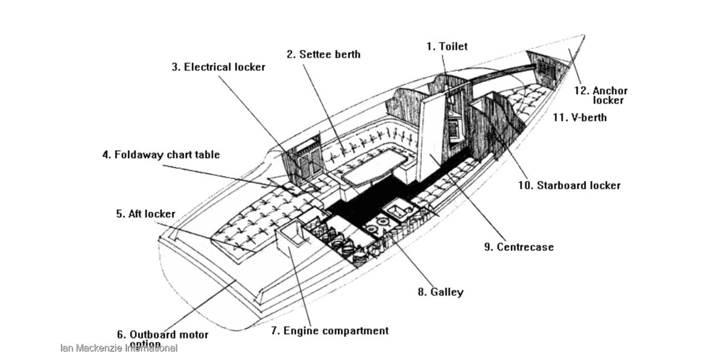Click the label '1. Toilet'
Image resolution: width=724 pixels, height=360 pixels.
click(446, 46)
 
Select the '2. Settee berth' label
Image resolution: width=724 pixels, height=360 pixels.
click(323, 54)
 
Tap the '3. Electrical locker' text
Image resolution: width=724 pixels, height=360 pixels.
click(218, 67)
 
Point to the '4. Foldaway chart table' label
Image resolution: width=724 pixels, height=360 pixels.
click(160, 155)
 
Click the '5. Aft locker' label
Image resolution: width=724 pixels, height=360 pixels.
click(145, 213)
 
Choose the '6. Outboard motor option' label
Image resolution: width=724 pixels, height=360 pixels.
click(162, 338)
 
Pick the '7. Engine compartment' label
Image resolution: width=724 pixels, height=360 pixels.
click(329, 330)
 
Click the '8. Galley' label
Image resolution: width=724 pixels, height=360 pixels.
click(440, 292)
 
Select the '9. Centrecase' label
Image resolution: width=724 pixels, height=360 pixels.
click(519, 247)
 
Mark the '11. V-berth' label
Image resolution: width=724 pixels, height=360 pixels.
click(580, 118)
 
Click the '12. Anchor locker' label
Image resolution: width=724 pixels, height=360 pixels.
click(601, 95)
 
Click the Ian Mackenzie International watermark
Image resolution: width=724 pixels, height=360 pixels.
click(119, 348)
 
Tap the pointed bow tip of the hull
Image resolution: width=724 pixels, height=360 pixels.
click(583, 36)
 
